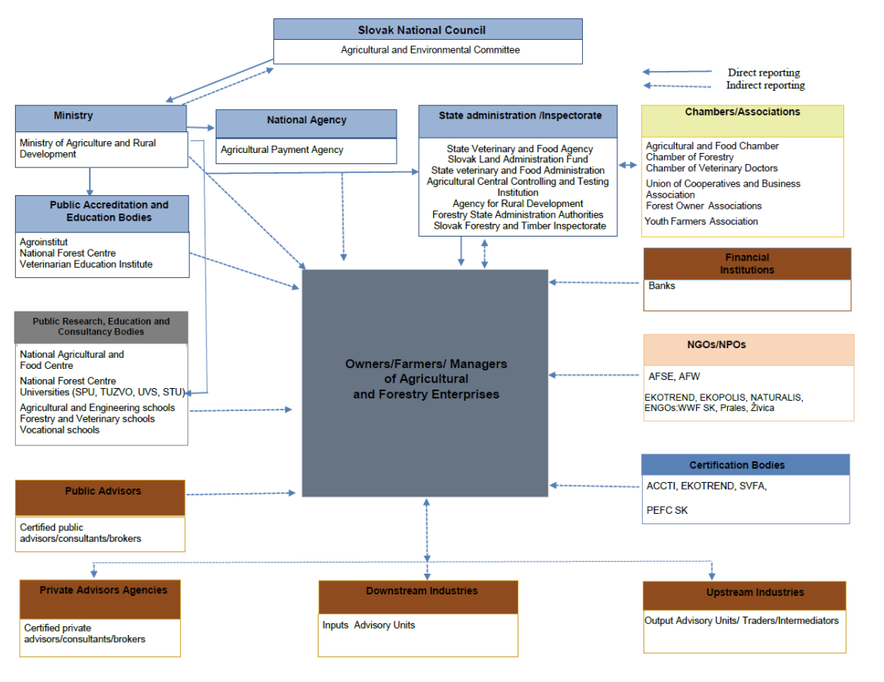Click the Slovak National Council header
click(428, 29)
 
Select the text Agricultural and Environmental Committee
click(430, 50)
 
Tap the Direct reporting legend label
click(763, 73)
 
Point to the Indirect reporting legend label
click(765, 85)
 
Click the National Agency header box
click(306, 120)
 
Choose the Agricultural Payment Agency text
click(282, 150)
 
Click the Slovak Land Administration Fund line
click(518, 159)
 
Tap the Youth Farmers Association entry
click(701, 221)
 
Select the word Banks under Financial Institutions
click(661, 285)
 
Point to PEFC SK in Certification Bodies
click(667, 510)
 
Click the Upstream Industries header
click(744, 593)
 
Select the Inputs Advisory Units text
click(368, 625)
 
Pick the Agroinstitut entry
click(44, 241)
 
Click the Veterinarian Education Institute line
click(85, 265)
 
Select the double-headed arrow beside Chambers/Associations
click(628, 165)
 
